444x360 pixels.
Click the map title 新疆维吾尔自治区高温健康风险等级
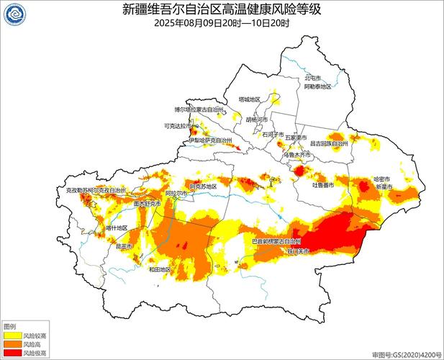click(222, 9)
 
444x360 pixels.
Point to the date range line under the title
click(222, 23)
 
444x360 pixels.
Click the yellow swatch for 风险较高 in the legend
click(12, 336)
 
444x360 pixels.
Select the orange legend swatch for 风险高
click(12, 345)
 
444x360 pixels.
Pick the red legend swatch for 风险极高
click(12, 354)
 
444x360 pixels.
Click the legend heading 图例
click(10, 326)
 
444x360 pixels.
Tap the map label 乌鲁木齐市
click(294, 154)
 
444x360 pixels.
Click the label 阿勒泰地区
click(317, 86)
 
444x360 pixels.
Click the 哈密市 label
click(381, 179)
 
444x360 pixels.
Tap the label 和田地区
click(159, 269)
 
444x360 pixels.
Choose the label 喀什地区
click(117, 228)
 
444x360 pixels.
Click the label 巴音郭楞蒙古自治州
click(276, 241)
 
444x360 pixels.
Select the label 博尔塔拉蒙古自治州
click(199, 109)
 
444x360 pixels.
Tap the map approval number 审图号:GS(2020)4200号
click(406, 355)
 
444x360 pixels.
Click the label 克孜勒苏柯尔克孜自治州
click(91, 191)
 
